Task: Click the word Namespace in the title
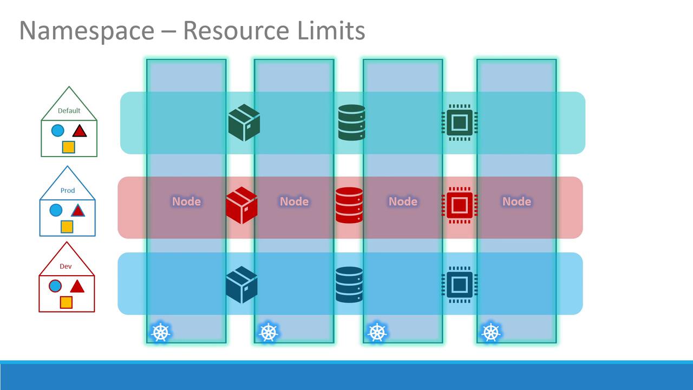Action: pyautogui.click(x=87, y=31)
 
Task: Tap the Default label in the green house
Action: pyautogui.click(x=69, y=110)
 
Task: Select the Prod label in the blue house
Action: pyautogui.click(x=68, y=191)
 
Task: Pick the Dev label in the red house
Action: pyautogui.click(x=66, y=266)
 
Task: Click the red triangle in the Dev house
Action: pyautogui.click(x=77, y=286)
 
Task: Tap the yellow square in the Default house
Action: pyautogui.click(x=68, y=147)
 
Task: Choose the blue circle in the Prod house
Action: pyautogui.click(x=56, y=210)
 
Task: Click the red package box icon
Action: pyautogui.click(x=241, y=205)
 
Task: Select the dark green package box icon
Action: pyautogui.click(x=244, y=122)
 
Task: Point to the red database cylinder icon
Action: pyautogui.click(x=349, y=205)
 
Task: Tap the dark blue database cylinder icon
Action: pyautogui.click(x=349, y=284)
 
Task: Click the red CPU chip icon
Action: pyautogui.click(x=459, y=205)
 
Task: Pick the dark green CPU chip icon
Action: pyautogui.click(x=459, y=122)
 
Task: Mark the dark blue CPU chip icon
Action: pyautogui.click(x=459, y=284)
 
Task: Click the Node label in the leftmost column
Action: pyautogui.click(x=186, y=201)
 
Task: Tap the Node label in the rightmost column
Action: pyautogui.click(x=517, y=201)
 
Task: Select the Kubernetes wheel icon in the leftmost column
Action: pyautogui.click(x=160, y=332)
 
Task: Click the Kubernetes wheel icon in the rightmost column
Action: pyautogui.click(x=491, y=332)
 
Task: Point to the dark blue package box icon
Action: pyautogui.click(x=241, y=284)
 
